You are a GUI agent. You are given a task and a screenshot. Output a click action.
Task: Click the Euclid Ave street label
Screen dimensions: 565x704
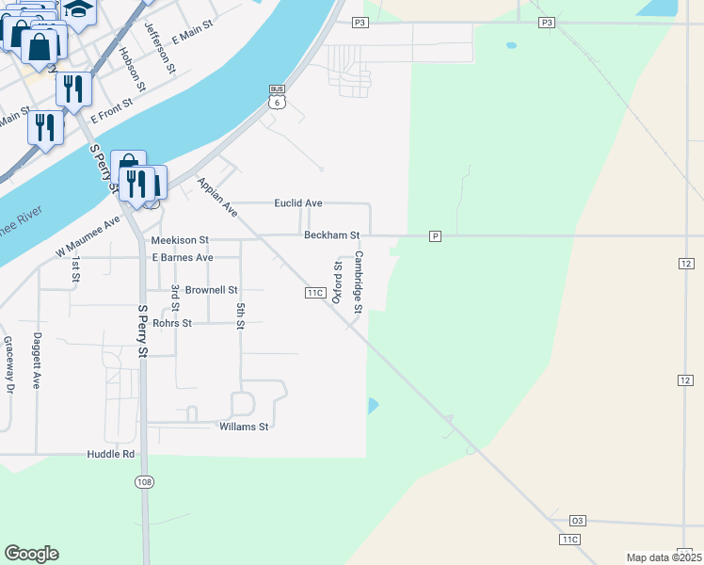[x=298, y=203]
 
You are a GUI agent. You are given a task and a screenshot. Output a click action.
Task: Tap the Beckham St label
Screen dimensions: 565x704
[x=331, y=234]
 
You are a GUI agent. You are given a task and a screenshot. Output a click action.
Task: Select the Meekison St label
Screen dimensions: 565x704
[x=180, y=241]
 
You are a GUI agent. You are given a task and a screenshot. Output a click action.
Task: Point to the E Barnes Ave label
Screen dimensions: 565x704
[x=183, y=257]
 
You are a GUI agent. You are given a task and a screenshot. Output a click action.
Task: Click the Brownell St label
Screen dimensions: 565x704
[x=212, y=290]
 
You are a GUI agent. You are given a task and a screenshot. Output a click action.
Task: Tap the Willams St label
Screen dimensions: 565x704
[x=244, y=427]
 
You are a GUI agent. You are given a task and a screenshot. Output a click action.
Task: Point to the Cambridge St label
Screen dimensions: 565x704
[x=359, y=282]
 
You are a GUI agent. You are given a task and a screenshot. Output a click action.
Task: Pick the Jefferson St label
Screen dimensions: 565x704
[x=160, y=48]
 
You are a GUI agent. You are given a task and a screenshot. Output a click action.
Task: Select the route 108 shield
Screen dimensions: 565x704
[x=144, y=482]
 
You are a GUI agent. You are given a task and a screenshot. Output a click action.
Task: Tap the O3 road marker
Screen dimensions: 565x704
[x=578, y=520]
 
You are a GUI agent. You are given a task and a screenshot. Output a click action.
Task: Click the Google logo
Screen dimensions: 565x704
[x=31, y=554]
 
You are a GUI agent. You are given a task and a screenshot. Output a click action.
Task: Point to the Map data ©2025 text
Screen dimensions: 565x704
[x=664, y=557]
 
